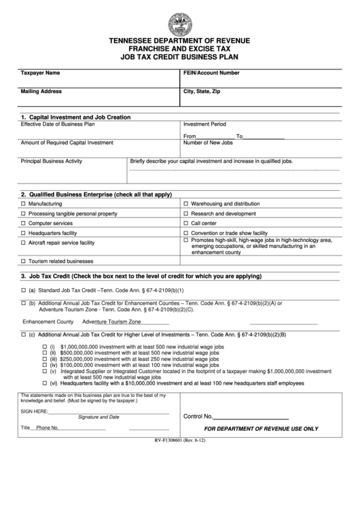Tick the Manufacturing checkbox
click(x=24, y=204)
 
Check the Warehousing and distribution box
click(x=186, y=204)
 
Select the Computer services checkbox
click(x=24, y=223)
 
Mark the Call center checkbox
click(x=186, y=223)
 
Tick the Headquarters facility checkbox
click(x=24, y=232)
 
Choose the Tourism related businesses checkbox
click(x=24, y=261)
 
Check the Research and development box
click(x=186, y=213)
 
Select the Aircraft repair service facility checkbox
click(x=24, y=243)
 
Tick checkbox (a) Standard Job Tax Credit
click(x=24, y=289)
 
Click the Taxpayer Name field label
click(x=40, y=72)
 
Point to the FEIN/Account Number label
click(x=211, y=72)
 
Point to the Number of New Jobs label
click(x=209, y=143)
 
